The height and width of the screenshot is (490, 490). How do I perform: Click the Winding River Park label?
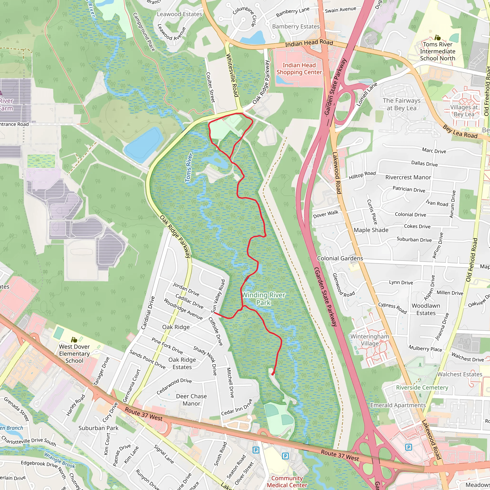(x=263, y=299)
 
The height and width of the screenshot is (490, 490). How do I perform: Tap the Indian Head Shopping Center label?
(x=299, y=69)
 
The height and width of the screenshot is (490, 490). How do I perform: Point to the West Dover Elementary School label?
(x=74, y=354)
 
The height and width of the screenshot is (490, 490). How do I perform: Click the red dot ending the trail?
(x=273, y=374)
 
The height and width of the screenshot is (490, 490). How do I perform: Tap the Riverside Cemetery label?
(x=422, y=388)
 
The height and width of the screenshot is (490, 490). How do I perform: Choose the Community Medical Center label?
(x=287, y=482)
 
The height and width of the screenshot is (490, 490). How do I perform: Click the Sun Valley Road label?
(x=218, y=296)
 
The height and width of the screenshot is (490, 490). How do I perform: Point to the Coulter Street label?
(x=211, y=87)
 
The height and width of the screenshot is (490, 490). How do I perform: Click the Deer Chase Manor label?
(x=191, y=400)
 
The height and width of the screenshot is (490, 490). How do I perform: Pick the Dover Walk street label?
(x=326, y=214)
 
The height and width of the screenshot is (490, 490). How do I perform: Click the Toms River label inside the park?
(x=189, y=167)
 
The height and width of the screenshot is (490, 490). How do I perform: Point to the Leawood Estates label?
(x=179, y=14)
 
